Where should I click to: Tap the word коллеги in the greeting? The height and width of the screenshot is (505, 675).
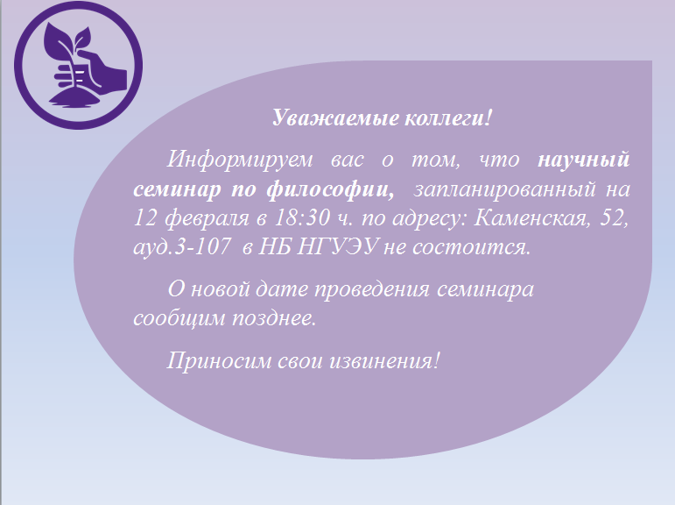pyautogui.click(x=444, y=117)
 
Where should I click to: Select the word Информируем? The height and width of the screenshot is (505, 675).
pyautogui.click(x=240, y=160)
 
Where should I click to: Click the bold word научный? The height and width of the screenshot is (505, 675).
pyautogui.click(x=584, y=160)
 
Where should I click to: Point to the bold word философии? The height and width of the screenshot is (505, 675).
pyautogui.click(x=330, y=189)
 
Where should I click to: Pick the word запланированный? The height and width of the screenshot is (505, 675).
pyautogui.click(x=504, y=189)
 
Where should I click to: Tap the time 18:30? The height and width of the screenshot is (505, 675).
pyautogui.click(x=301, y=217)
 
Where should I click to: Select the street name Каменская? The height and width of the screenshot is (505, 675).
pyautogui.click(x=531, y=217)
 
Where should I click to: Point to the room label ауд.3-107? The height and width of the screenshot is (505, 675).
pyautogui.click(x=182, y=247)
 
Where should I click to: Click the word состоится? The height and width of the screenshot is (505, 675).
pyautogui.click(x=471, y=247)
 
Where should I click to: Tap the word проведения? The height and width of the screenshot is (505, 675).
pyautogui.click(x=371, y=289)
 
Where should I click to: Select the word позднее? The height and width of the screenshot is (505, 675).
pyautogui.click(x=274, y=318)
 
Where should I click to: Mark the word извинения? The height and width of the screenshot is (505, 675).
pyautogui.click(x=385, y=360)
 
